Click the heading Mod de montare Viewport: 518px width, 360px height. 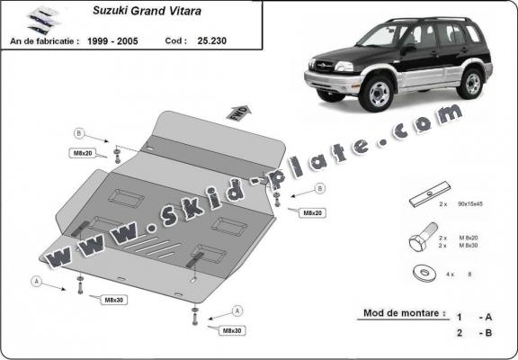click(404, 314)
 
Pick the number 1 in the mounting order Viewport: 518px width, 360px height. click(460, 317)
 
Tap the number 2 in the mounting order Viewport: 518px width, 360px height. click(460, 332)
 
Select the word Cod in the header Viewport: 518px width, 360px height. click(176, 40)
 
